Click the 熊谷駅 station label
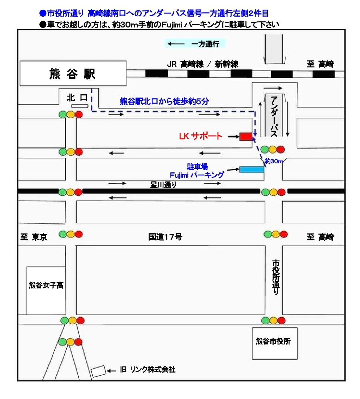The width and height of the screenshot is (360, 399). click(x=72, y=74)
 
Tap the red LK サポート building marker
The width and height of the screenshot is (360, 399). click(x=246, y=136)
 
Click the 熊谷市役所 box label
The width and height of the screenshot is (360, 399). click(x=273, y=341)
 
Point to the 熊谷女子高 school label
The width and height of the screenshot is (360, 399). click(x=46, y=285)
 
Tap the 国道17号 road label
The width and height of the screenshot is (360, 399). click(x=166, y=237)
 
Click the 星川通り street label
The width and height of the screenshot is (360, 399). click(x=163, y=185)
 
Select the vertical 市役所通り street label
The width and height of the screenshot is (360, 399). click(x=275, y=277)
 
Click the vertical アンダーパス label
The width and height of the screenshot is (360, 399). click(x=274, y=116)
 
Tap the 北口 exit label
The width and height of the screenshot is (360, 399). click(x=77, y=98)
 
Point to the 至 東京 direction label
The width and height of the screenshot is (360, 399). click(x=34, y=237)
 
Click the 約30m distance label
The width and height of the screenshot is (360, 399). click(x=274, y=161)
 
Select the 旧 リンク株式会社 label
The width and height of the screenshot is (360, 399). click(x=147, y=369)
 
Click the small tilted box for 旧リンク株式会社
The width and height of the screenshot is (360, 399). click(x=98, y=372)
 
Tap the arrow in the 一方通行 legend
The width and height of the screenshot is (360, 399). click(x=176, y=44)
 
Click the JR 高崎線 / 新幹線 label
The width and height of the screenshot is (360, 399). click(x=202, y=64)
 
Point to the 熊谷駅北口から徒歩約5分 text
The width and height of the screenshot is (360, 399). click(x=164, y=101)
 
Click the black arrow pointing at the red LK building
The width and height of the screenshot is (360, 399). click(x=233, y=137)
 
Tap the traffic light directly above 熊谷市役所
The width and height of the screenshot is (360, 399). click(x=274, y=320)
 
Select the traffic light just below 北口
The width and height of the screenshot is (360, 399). click(x=71, y=114)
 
